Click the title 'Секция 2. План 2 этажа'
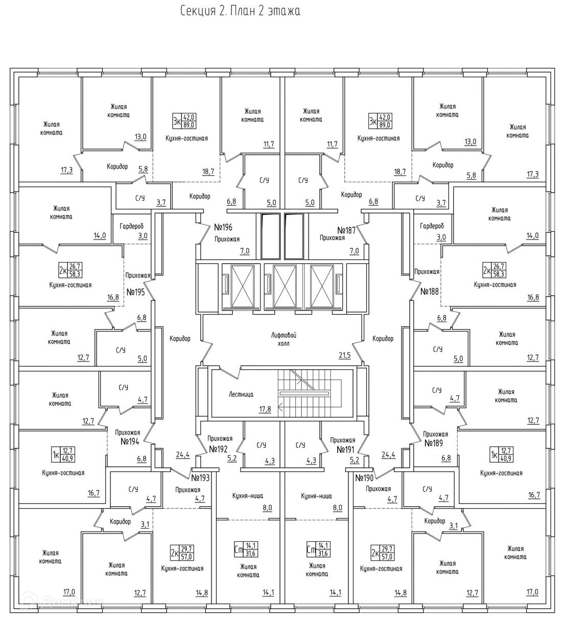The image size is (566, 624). tap(240, 11)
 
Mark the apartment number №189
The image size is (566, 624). tap(435, 443)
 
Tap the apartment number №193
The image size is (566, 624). tap(202, 478)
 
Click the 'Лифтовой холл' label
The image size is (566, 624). tap(285, 339)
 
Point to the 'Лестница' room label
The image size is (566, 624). tap(241, 394)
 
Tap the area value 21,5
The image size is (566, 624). tap(345, 355)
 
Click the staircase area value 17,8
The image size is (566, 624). tap(265, 409)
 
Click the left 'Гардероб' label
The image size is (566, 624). tap(132, 226)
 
